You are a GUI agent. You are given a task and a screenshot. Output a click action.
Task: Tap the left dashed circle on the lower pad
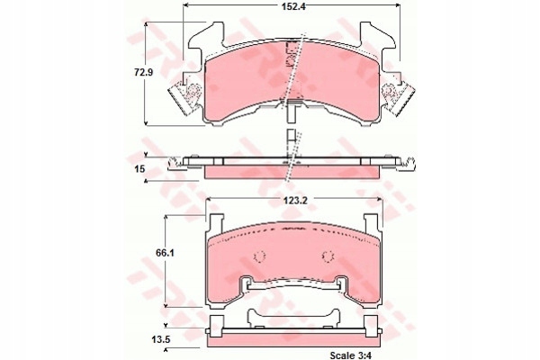click(x=259, y=256)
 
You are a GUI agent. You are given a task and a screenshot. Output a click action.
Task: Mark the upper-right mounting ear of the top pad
click(x=376, y=36)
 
